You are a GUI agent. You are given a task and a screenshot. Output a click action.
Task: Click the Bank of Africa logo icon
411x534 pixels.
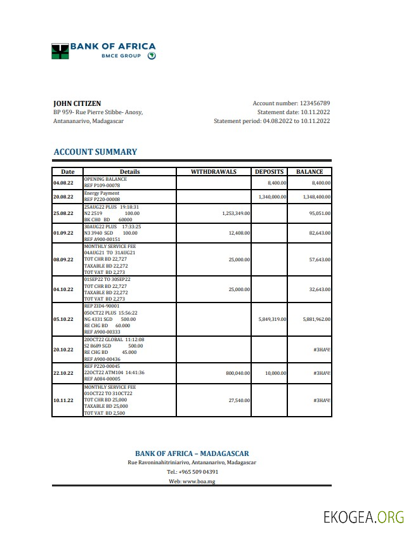pyautogui.click(x=60, y=51)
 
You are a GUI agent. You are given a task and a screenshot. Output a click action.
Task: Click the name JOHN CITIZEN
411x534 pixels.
pyautogui.click(x=77, y=103)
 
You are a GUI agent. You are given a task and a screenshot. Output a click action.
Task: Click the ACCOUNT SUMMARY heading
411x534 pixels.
pyautogui.click(x=95, y=152)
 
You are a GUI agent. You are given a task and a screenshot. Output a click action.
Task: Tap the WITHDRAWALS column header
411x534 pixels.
pyautogui.click(x=214, y=172)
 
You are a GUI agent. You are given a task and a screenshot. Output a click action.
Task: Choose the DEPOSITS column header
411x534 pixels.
pyautogui.click(x=270, y=172)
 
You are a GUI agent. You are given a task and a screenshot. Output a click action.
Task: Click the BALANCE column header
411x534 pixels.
pyautogui.click(x=310, y=172)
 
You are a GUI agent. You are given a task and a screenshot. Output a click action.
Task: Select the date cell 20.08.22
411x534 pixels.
pyautogui.click(x=63, y=197)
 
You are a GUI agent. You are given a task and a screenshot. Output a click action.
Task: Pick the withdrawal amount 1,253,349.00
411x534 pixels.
pyautogui.click(x=236, y=214)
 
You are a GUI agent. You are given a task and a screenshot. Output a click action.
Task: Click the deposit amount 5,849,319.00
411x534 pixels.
pyautogui.click(x=273, y=320)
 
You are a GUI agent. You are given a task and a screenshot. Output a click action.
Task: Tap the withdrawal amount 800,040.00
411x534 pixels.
pyautogui.click(x=238, y=374)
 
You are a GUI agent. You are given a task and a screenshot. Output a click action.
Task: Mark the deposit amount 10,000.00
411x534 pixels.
pyautogui.click(x=275, y=374)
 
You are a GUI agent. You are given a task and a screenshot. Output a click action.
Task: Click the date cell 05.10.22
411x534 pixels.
pyautogui.click(x=63, y=320)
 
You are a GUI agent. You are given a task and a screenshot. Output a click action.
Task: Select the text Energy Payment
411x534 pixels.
pyautogui.click(x=101, y=193)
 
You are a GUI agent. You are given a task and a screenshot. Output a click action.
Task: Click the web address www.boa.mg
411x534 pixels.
pyautogui.click(x=199, y=481)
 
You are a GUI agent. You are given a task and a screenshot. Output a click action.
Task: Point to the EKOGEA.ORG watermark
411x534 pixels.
pyautogui.click(x=363, y=517)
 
